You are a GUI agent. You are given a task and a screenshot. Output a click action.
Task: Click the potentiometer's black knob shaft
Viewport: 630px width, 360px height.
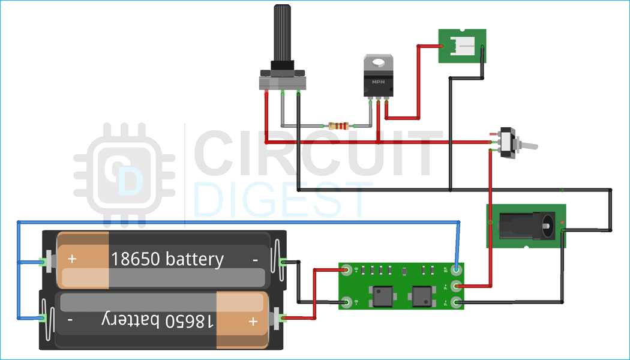[283, 33]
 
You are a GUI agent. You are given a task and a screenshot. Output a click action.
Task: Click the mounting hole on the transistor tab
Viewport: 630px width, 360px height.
[379, 62]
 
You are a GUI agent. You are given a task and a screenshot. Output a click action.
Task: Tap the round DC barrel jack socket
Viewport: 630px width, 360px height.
[547, 226]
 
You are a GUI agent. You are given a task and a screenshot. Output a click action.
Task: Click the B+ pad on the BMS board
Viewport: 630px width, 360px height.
[346, 269]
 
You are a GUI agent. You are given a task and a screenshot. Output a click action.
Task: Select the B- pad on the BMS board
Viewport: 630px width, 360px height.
[346, 302]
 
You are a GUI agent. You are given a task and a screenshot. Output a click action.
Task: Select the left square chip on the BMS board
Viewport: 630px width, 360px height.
[380, 296]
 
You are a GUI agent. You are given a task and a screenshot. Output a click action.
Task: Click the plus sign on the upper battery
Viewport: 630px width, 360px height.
[73, 259]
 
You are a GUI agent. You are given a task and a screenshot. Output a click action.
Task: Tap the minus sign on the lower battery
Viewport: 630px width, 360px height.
[70, 320]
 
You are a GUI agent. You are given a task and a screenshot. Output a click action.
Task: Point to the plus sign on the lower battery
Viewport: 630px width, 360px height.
[253, 322]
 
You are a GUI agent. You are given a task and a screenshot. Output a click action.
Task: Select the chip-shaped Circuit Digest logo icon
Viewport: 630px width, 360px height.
[124, 174]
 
